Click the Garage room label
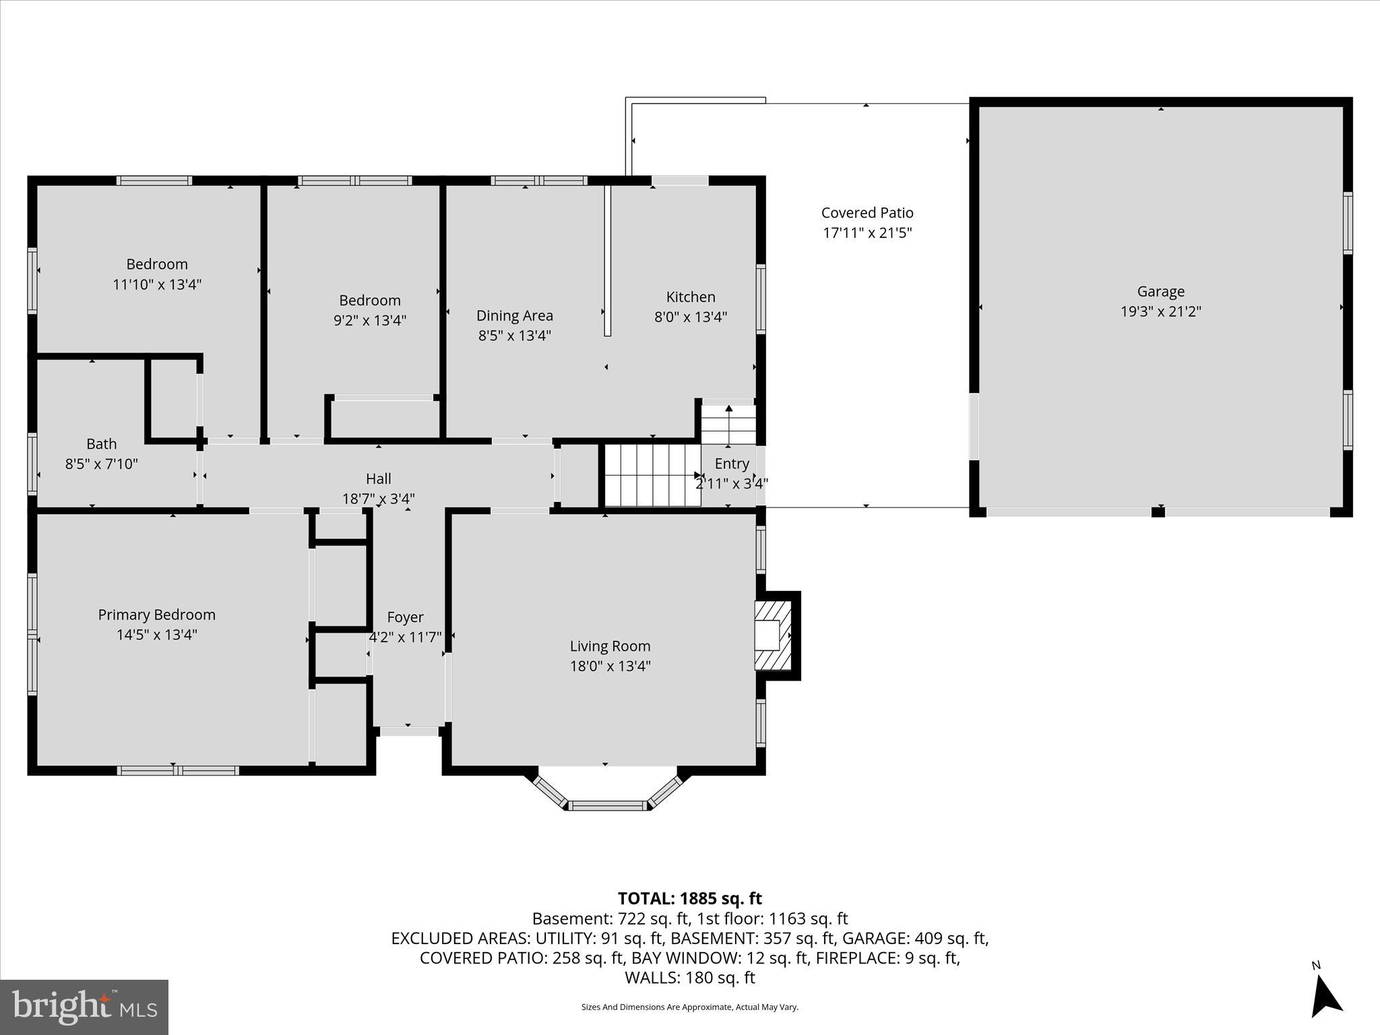click(1160, 292)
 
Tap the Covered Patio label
click(867, 213)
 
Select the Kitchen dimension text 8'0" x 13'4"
click(691, 317)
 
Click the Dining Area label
click(515, 315)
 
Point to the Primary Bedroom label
click(157, 615)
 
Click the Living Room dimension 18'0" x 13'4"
click(610, 666)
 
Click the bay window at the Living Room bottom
click(607, 796)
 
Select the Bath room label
click(102, 444)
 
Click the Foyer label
click(405, 617)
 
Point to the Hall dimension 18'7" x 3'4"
click(379, 499)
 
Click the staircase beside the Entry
click(652, 475)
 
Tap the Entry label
click(732, 464)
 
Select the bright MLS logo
click(84, 1007)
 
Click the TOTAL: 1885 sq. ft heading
click(689, 898)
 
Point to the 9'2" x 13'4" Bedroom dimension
click(370, 320)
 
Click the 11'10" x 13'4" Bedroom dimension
click(157, 284)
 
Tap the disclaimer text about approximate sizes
click(689, 1007)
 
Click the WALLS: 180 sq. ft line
click(689, 978)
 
